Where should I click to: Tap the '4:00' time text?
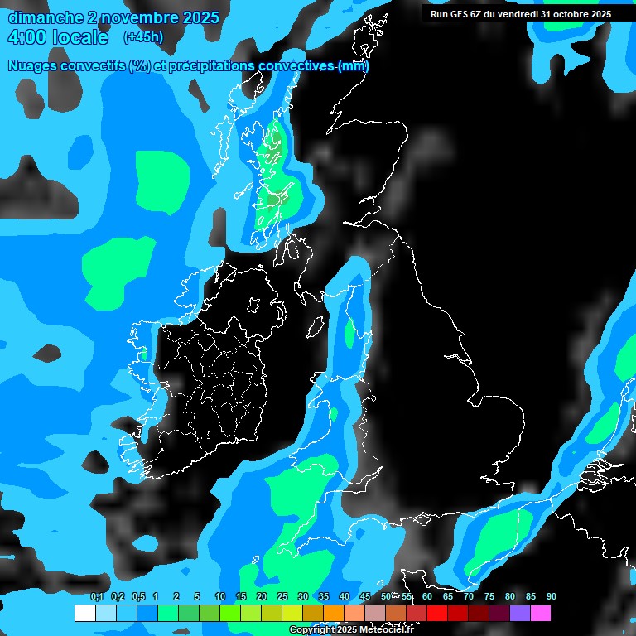point(26,38)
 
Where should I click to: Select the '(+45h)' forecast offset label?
point(142,37)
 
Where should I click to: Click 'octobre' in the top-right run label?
point(568,13)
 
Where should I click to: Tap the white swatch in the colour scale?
point(84,614)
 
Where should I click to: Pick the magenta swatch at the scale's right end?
point(540,614)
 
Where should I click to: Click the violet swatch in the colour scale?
point(519,614)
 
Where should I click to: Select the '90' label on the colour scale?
point(551,596)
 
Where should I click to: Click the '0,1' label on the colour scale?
point(96,596)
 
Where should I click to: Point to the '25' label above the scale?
point(282,596)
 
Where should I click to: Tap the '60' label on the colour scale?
point(426,596)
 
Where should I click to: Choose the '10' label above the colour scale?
point(219,596)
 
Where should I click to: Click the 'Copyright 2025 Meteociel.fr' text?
point(351,630)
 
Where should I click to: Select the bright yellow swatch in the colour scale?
point(291,614)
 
